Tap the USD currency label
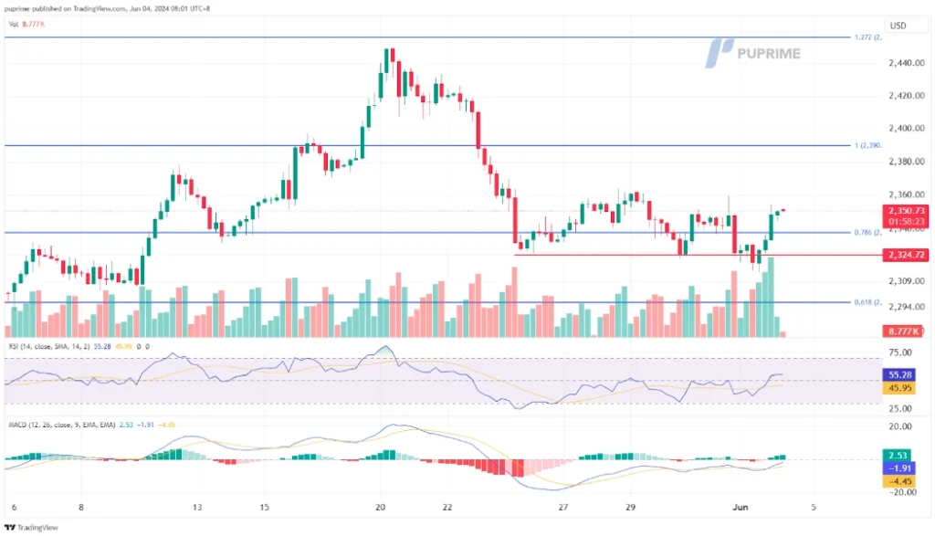coord(898,26)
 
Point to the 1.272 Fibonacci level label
coord(865,37)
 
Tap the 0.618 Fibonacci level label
coord(865,302)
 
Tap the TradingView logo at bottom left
coord(31,527)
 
